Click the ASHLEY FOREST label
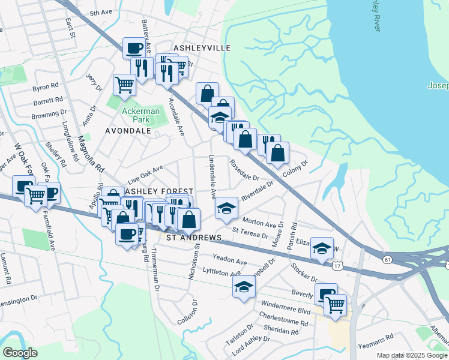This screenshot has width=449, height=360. (159, 191)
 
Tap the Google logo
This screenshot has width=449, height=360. (20, 352)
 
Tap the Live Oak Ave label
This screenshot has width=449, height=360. (145, 175)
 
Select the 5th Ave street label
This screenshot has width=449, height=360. (101, 13)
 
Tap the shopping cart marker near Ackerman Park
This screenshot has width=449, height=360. (124, 84)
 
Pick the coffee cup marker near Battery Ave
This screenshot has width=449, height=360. (134, 48)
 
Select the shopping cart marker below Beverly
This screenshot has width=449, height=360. (335, 304)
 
